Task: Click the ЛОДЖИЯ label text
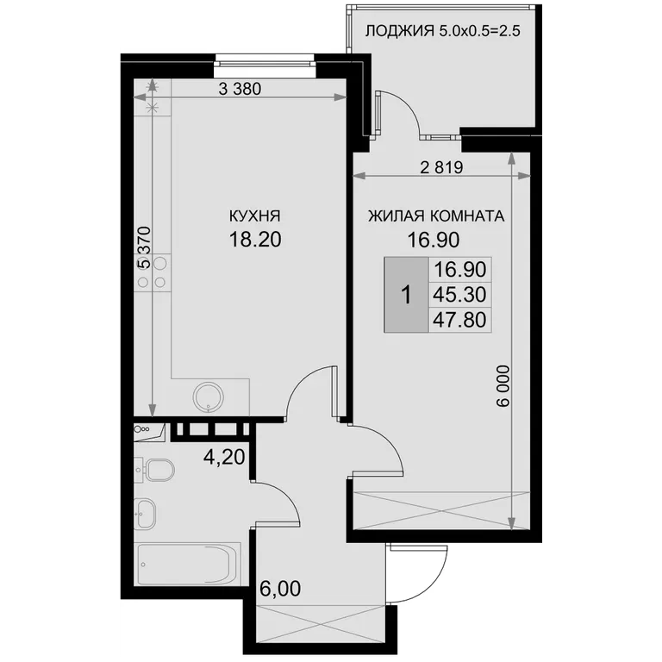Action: tap(399, 31)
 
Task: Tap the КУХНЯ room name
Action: tap(254, 216)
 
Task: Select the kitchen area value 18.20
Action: tap(255, 240)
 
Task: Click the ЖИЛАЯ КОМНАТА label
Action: tap(436, 216)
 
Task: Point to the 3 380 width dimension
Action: tap(240, 89)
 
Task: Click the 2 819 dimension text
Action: tap(441, 167)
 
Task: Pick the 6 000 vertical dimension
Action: tap(503, 386)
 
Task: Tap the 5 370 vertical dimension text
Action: tap(145, 248)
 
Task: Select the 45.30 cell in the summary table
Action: tap(459, 294)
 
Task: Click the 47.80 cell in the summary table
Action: tap(459, 320)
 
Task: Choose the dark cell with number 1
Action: tap(406, 294)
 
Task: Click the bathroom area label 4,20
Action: tap(224, 457)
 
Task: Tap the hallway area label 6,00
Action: tap(280, 589)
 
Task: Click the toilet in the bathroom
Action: tap(154, 470)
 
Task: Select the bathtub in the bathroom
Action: tap(187, 564)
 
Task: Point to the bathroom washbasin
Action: tap(145, 514)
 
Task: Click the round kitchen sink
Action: tap(209, 397)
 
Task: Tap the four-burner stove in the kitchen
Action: tap(153, 272)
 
